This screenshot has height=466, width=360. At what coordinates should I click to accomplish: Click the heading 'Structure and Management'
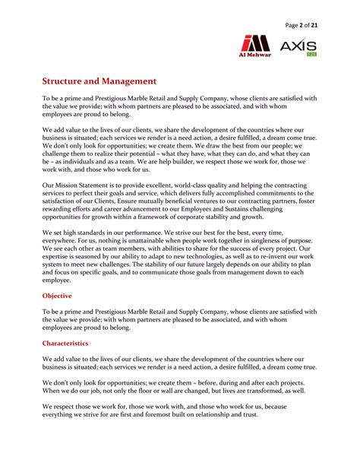coord(99,81)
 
